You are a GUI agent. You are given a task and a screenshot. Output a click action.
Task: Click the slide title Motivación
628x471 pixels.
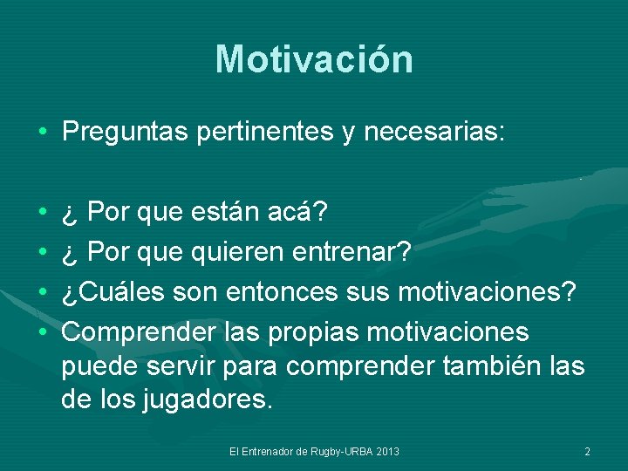pyautogui.click(x=314, y=59)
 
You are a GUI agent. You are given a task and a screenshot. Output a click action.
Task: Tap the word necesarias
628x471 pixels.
pyautogui.click(x=434, y=133)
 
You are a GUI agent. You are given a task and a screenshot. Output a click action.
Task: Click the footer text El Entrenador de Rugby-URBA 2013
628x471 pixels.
pyautogui.click(x=314, y=451)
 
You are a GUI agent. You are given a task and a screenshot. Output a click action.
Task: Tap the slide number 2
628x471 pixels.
pyautogui.click(x=587, y=451)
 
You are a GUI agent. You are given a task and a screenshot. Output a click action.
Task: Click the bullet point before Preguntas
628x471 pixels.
pyautogui.click(x=43, y=133)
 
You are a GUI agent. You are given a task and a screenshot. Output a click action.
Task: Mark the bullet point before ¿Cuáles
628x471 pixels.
pyautogui.click(x=43, y=293)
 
